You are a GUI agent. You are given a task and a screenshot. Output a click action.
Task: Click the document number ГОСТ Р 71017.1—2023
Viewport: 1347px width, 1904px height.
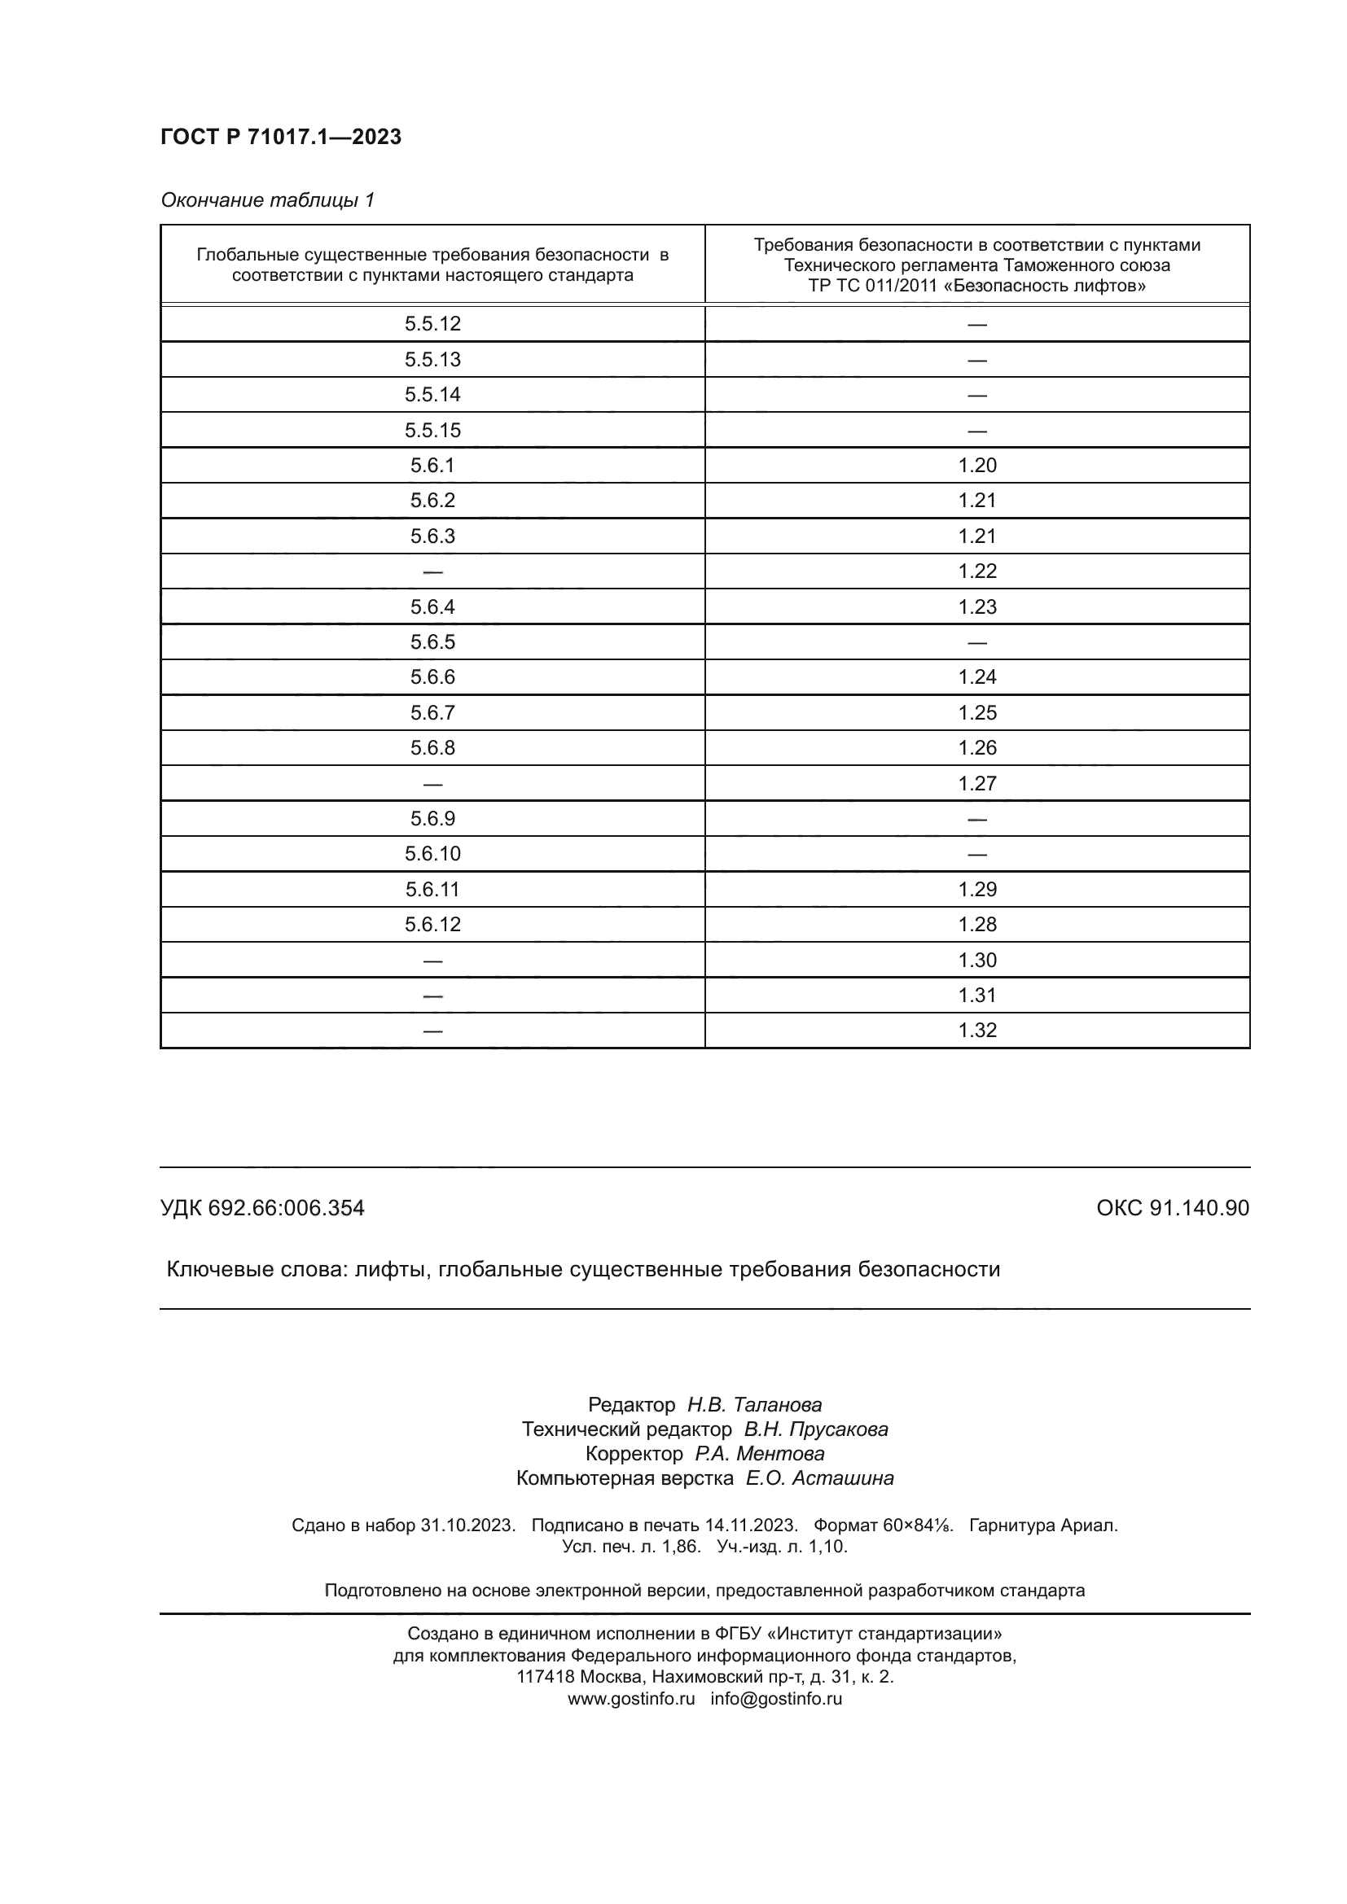pos(280,137)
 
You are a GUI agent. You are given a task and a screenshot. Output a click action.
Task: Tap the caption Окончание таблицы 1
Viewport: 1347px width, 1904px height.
pos(267,200)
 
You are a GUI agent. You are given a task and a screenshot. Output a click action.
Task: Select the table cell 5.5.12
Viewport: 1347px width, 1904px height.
pos(432,323)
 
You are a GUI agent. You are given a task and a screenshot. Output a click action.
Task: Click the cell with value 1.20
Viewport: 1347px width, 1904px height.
pos(976,466)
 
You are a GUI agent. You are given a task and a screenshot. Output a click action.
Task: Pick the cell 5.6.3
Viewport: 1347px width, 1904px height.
pos(432,536)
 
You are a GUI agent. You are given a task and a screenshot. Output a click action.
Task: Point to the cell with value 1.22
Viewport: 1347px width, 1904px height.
pos(976,571)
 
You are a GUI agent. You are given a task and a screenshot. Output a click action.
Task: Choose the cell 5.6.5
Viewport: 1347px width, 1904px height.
pos(432,641)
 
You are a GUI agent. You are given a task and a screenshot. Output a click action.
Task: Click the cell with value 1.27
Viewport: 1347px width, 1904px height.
pos(976,783)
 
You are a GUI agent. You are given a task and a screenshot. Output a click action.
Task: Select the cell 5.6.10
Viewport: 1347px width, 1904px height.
pos(432,853)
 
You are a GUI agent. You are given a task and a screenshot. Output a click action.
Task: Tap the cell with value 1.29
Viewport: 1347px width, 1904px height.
pos(976,889)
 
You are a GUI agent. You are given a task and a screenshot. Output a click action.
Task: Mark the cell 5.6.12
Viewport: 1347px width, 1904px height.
pos(432,924)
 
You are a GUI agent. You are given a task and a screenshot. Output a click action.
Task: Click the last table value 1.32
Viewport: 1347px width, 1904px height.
pos(976,1030)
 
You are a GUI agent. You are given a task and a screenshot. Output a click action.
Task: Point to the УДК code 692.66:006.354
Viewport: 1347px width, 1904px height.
pos(285,1208)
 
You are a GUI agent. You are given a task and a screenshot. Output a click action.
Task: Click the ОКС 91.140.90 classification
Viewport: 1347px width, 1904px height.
pos(1172,1208)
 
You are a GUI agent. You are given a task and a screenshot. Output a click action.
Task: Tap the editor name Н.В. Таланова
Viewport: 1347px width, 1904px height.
pos(754,1405)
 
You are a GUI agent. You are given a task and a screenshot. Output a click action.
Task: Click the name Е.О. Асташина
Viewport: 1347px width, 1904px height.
pos(818,1477)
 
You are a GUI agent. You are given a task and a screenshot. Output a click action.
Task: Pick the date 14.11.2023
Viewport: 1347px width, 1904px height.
pos(751,1525)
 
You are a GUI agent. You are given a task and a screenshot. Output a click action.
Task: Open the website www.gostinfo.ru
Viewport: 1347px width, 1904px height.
pos(630,1698)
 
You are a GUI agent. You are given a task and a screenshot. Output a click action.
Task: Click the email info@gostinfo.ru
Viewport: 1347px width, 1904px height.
pos(775,1698)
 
